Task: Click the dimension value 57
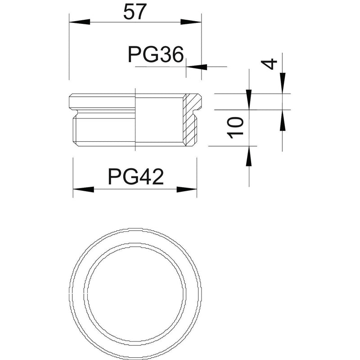[x=135, y=12]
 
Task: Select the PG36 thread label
[x=156, y=54]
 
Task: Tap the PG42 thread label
[x=136, y=176]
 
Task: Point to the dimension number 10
[x=235, y=127]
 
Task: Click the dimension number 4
[x=269, y=64]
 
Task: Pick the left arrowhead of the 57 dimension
[x=80, y=22]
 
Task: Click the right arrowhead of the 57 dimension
[x=191, y=22]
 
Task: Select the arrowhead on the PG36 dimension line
[x=197, y=67]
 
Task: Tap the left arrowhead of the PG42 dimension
[x=84, y=189]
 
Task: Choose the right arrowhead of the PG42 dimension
[x=187, y=189]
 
